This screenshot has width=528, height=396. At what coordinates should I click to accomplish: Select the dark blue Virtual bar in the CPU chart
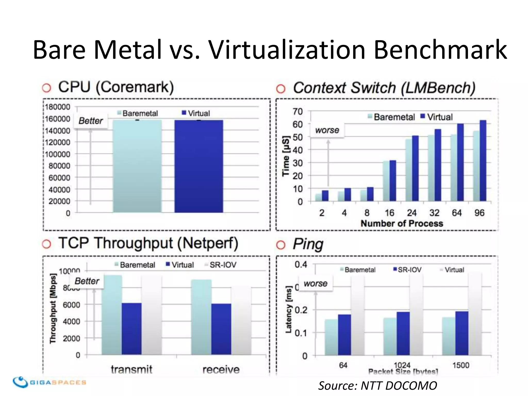click(x=199, y=166)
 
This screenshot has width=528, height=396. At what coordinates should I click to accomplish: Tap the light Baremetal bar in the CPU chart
click(x=137, y=166)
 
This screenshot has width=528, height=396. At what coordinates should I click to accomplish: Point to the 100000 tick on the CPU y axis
click(x=57, y=154)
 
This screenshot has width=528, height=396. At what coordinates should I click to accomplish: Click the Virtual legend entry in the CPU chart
click(x=196, y=113)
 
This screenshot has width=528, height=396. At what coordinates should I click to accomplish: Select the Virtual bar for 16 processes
click(x=393, y=180)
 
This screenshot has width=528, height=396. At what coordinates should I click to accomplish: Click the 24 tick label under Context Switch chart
click(x=412, y=213)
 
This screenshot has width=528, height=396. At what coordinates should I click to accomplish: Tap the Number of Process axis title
click(x=402, y=223)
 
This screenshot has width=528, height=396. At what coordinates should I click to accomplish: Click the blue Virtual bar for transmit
click(x=131, y=329)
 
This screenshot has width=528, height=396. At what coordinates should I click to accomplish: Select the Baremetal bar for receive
click(x=201, y=317)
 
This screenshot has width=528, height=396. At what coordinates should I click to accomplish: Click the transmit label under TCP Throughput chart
click(x=131, y=369)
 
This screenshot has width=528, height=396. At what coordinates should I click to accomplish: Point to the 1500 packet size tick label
click(x=461, y=365)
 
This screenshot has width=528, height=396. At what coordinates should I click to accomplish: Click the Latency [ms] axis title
click(x=288, y=309)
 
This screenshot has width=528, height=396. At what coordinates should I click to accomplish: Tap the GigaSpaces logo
click(x=49, y=382)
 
